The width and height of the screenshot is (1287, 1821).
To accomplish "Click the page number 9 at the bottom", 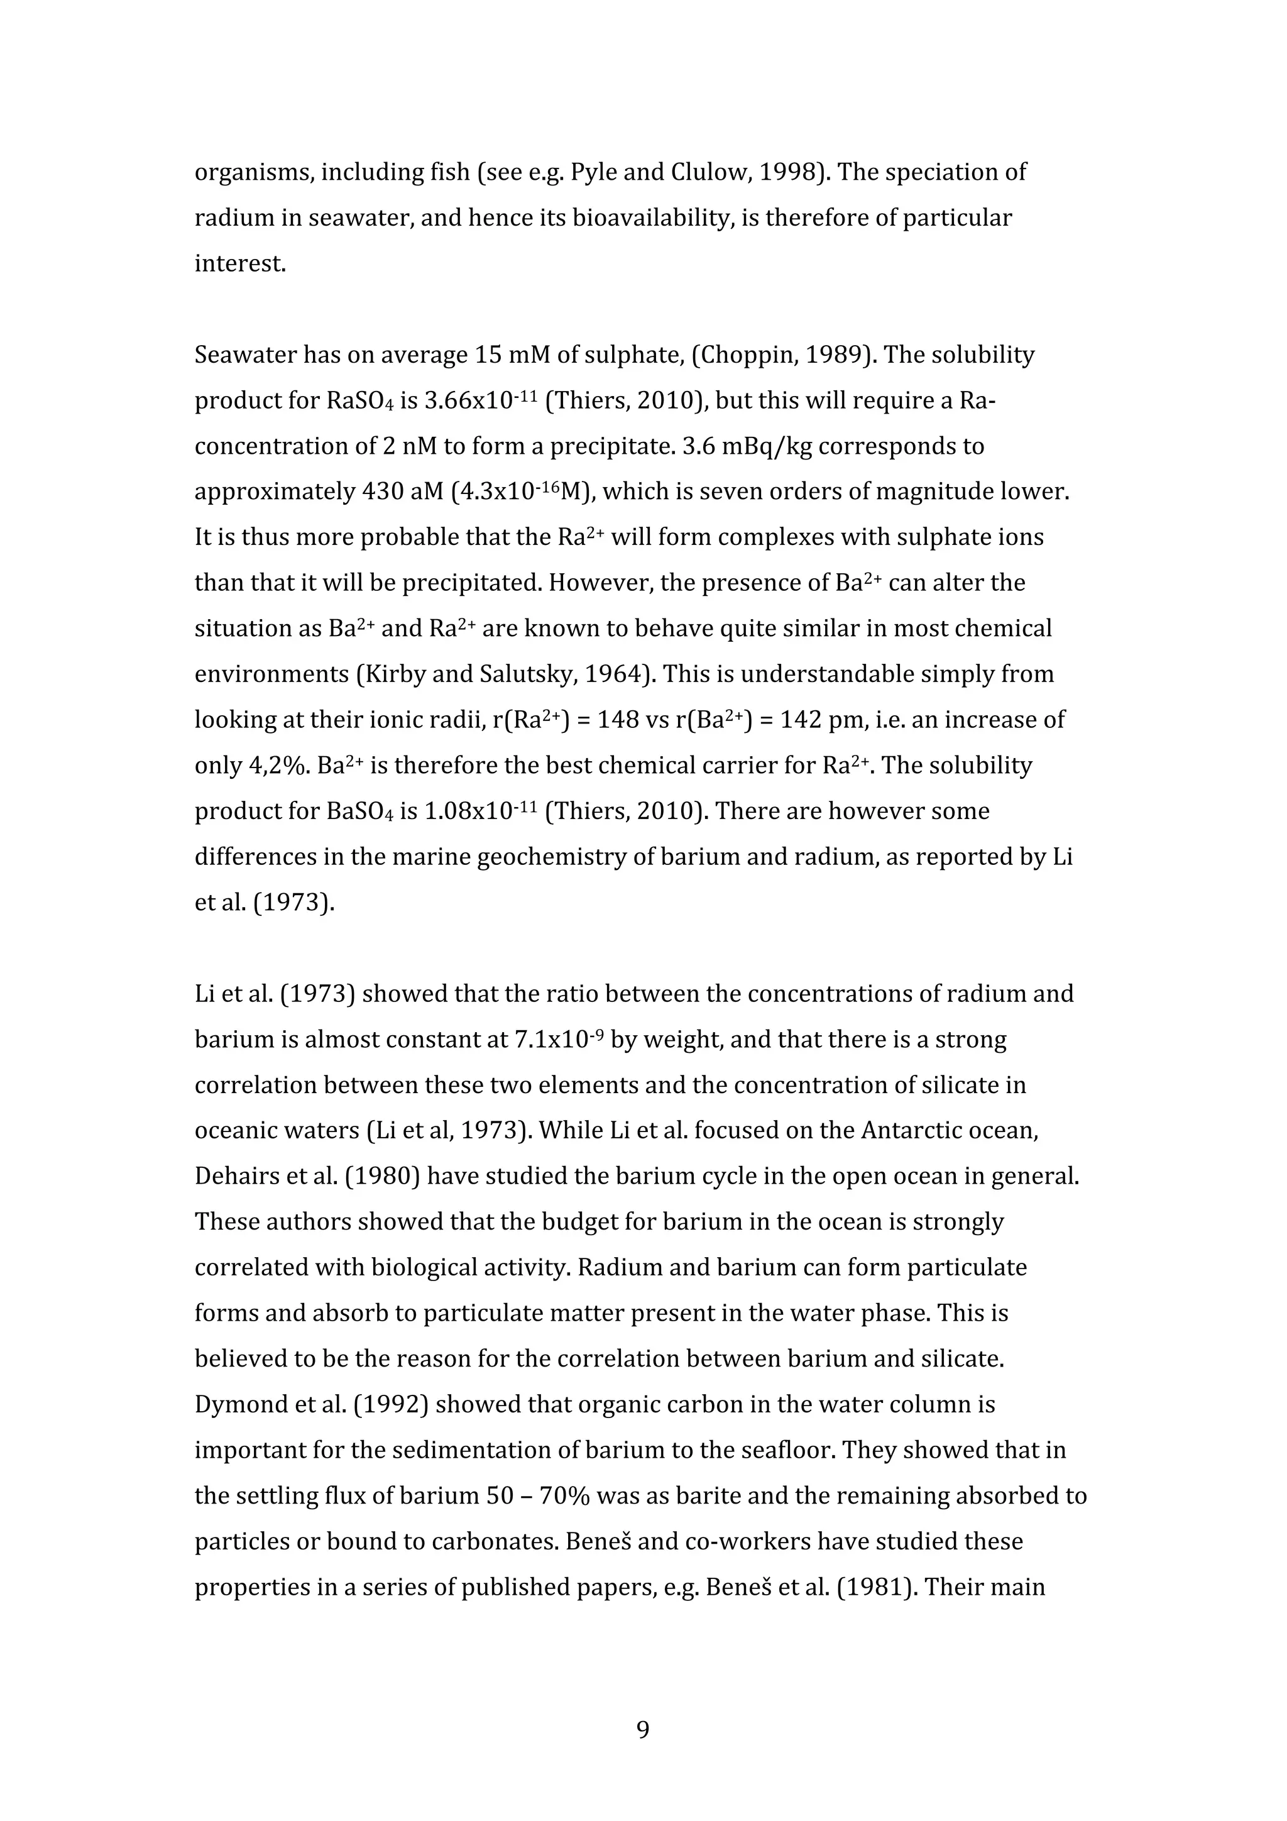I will (x=643, y=1729).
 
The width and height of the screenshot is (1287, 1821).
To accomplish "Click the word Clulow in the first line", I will (x=705, y=172).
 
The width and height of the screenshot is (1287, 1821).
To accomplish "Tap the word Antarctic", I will (x=907, y=1130).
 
